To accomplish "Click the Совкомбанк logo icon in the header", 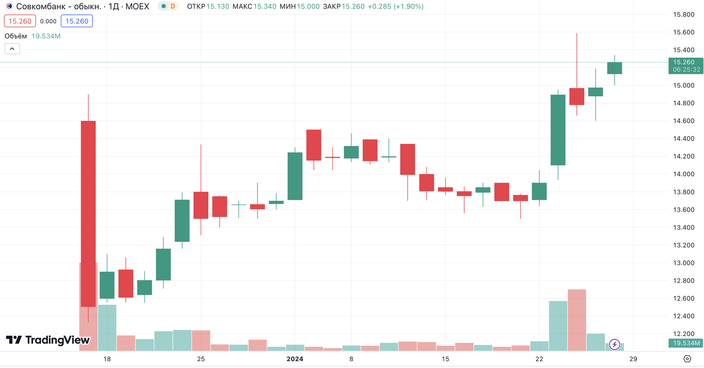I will [9, 6].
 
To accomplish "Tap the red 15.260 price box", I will [20, 21].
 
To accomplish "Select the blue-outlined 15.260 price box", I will [77, 21].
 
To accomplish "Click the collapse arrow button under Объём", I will [12, 49].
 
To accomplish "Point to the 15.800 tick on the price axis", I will [683, 14].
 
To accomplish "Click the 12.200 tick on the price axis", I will [683, 334].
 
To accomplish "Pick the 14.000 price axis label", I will [683, 174].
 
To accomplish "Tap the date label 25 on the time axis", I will [201, 359].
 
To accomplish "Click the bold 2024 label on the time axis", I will [295, 359].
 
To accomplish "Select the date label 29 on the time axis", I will [633, 359].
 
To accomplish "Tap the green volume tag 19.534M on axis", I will [686, 343].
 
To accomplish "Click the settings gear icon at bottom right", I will [687, 359].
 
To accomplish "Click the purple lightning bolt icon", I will [615, 344].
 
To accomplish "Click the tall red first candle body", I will [88, 213].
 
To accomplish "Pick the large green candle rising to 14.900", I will [558, 130].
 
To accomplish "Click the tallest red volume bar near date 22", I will [577, 320].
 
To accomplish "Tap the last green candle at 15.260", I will [615, 68].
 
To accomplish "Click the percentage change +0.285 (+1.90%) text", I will [395, 6].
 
